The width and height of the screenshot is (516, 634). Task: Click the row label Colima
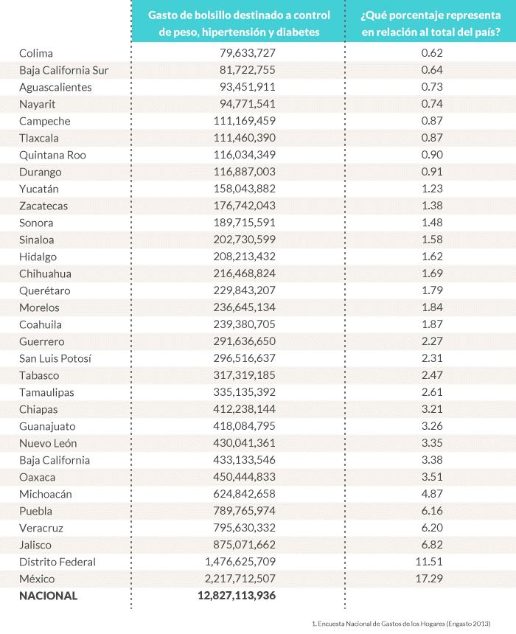(x=36, y=53)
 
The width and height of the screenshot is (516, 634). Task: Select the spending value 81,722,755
(x=248, y=70)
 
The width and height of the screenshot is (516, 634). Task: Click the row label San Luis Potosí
(x=55, y=358)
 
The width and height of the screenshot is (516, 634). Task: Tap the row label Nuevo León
(x=48, y=443)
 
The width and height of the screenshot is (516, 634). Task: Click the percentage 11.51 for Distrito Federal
(x=431, y=562)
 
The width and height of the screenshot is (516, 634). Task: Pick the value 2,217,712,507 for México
(x=237, y=579)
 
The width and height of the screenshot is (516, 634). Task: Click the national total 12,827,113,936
(x=237, y=596)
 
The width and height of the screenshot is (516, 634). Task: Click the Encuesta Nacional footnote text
(x=401, y=623)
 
